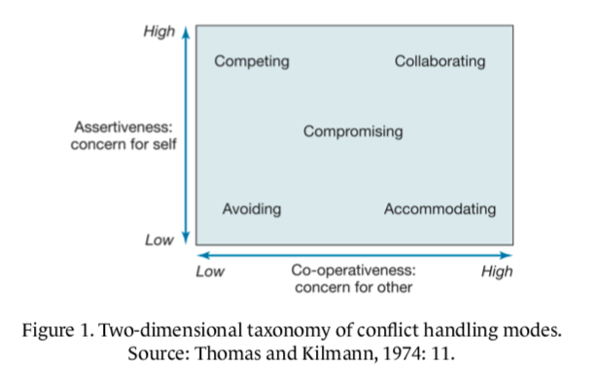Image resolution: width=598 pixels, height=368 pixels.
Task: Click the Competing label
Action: coord(252,62)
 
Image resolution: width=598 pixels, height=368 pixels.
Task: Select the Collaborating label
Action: coord(440,62)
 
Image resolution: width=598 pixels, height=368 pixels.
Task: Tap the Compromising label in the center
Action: coord(352,131)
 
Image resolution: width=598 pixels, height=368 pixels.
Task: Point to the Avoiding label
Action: coord(252,209)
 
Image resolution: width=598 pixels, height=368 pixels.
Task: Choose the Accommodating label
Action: coord(440,209)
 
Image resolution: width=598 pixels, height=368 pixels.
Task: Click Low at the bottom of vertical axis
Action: coord(159,239)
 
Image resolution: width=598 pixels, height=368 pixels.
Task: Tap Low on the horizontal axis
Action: coord(210,272)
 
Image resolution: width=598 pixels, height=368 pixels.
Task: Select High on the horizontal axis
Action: coord(497,272)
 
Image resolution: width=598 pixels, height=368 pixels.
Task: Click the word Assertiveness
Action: coord(122,127)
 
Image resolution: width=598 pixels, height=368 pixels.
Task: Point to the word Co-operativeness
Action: coord(352,272)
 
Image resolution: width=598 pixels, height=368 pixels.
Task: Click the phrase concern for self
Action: coord(122,145)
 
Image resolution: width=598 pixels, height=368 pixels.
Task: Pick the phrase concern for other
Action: coord(352,288)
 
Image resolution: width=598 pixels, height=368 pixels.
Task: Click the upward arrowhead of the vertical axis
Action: coord(185,31)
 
